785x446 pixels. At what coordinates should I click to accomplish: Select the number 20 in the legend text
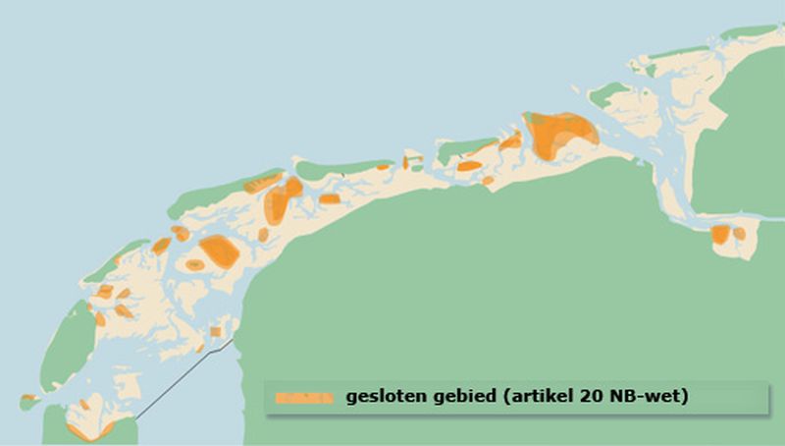click(x=584, y=397)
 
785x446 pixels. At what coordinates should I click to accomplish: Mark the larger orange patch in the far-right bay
click(x=720, y=234)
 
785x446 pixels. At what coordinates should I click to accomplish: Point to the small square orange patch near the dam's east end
click(x=215, y=331)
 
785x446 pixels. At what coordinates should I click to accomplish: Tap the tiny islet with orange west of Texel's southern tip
click(x=28, y=398)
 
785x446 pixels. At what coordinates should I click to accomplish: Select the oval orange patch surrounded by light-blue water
click(x=195, y=264)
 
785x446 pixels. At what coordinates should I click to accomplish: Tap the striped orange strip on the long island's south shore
click(x=262, y=182)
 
